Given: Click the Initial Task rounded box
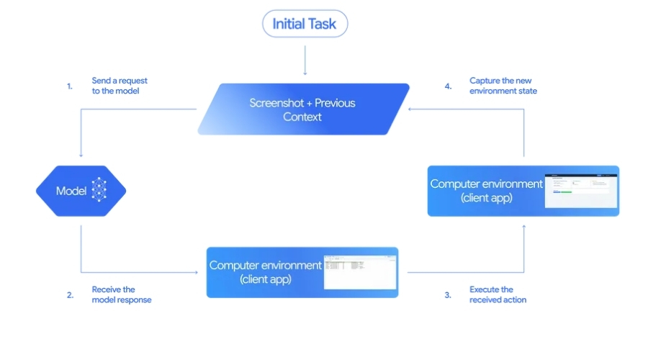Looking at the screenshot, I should [x=305, y=24].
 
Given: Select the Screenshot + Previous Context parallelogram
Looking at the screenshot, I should [x=303, y=109].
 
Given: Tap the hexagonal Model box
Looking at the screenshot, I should [x=81, y=191].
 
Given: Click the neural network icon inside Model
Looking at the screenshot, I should [x=99, y=191].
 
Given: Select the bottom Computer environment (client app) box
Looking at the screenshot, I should [x=302, y=272].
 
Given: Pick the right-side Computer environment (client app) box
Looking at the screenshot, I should [x=523, y=191].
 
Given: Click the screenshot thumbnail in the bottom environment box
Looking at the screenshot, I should [x=359, y=272].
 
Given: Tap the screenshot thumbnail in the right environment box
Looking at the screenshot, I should [x=580, y=191].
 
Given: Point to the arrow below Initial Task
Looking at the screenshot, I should [x=305, y=60].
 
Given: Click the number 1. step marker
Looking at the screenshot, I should [x=70, y=86].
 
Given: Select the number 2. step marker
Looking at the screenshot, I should [x=70, y=294].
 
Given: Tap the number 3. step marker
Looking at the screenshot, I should [x=447, y=294].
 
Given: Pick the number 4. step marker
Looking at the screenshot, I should [x=448, y=86].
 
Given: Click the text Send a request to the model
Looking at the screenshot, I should [x=120, y=86].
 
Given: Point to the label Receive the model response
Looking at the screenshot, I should [x=121, y=294].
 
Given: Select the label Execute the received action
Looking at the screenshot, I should [x=498, y=294].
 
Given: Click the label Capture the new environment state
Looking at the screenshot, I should [x=503, y=86].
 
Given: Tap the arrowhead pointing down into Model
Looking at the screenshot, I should [x=81, y=155].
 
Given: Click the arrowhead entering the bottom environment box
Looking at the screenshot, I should [x=196, y=272].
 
